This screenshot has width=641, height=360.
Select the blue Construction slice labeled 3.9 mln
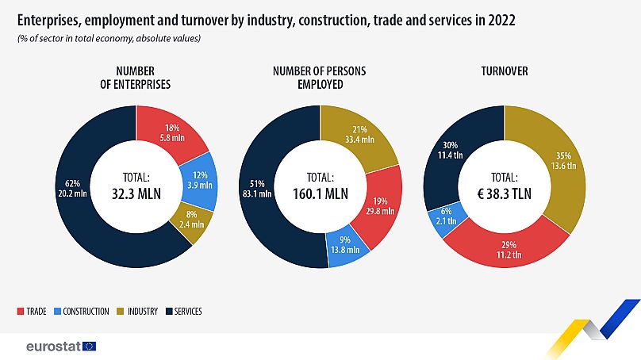point(199,179)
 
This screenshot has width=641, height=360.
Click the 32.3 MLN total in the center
point(136,192)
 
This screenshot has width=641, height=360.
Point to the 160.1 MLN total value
point(320,192)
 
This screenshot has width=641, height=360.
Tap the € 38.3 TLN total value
point(505,192)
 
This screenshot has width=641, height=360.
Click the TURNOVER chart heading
point(505,71)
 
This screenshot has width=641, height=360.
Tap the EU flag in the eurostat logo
point(89,347)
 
